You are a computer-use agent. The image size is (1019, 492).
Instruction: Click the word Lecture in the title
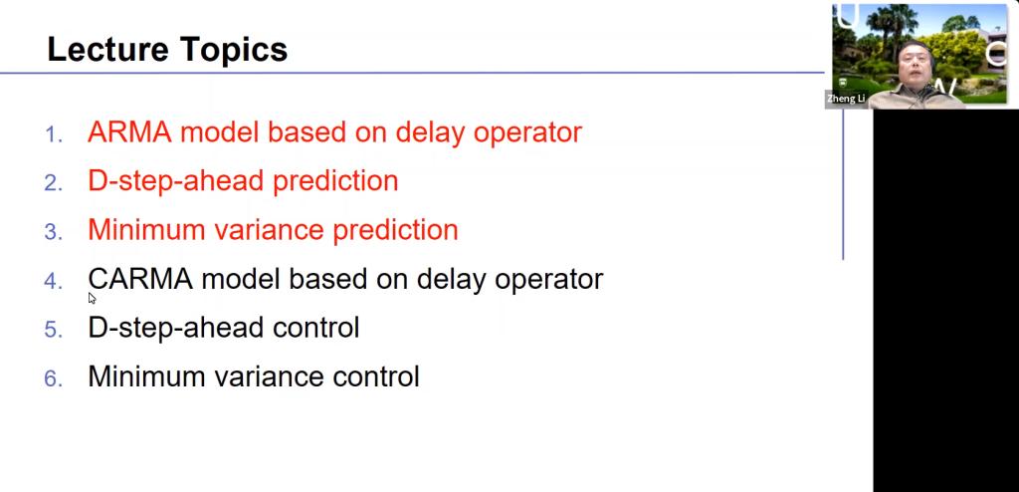(x=107, y=50)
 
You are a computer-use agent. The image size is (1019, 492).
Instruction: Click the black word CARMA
(x=140, y=279)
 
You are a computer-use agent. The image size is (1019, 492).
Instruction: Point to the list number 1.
(x=54, y=134)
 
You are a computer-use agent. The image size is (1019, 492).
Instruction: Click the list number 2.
(x=54, y=183)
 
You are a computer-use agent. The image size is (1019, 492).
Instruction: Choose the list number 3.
(x=54, y=232)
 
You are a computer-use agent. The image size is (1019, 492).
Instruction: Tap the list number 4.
(x=54, y=281)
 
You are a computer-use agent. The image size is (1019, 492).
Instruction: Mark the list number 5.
(x=54, y=330)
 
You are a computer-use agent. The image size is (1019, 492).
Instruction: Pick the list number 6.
(x=54, y=378)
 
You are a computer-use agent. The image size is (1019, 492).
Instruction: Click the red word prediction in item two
(x=335, y=182)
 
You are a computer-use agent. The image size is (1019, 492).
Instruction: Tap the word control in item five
(x=315, y=328)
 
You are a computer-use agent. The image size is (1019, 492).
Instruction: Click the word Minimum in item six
(x=150, y=376)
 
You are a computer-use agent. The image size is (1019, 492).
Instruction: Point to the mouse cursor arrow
(x=93, y=298)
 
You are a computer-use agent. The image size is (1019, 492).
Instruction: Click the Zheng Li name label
(x=846, y=99)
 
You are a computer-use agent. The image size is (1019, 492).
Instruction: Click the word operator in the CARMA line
(x=549, y=281)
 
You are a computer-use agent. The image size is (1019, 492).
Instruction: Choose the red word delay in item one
(x=430, y=133)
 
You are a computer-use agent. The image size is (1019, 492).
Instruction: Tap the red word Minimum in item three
(x=150, y=230)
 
